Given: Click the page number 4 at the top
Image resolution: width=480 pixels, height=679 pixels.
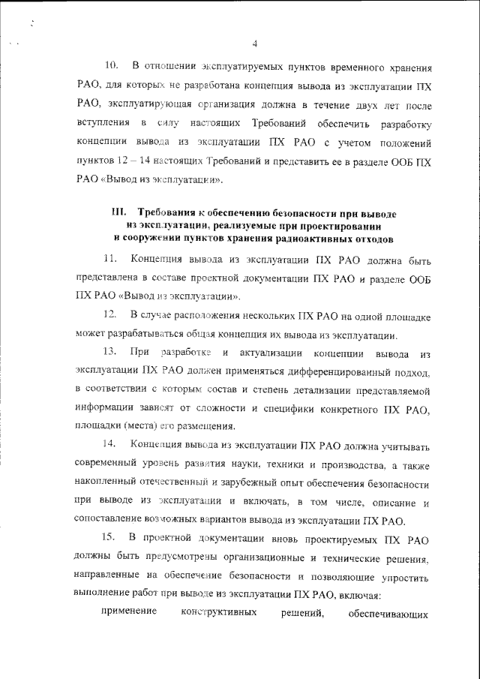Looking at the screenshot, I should pyautogui.click(x=255, y=42).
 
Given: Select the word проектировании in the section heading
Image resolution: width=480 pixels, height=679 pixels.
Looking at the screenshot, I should pyautogui.click(x=343, y=226).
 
